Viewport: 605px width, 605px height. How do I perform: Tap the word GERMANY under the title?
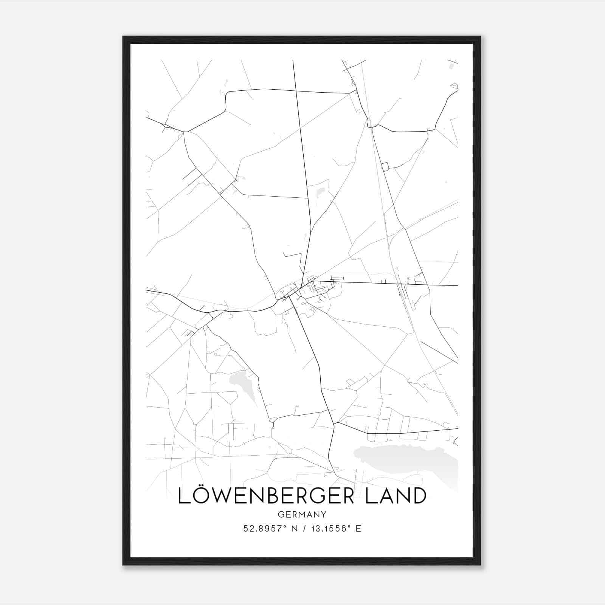[x=302, y=515]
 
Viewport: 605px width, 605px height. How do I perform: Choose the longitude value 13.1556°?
[x=328, y=529]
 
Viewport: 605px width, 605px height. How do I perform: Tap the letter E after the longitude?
[x=358, y=529]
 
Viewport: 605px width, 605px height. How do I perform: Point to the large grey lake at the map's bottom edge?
[x=408, y=459]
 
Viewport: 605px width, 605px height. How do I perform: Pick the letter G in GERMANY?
[x=280, y=515]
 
